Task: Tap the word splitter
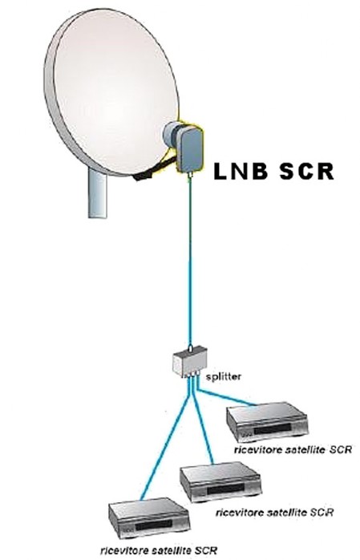224,376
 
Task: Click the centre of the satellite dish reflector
111,94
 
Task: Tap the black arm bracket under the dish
150,171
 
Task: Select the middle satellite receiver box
220,482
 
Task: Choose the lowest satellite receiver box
149,518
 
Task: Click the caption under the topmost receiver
293,449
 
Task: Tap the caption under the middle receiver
274,512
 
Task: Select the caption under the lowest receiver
159,550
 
